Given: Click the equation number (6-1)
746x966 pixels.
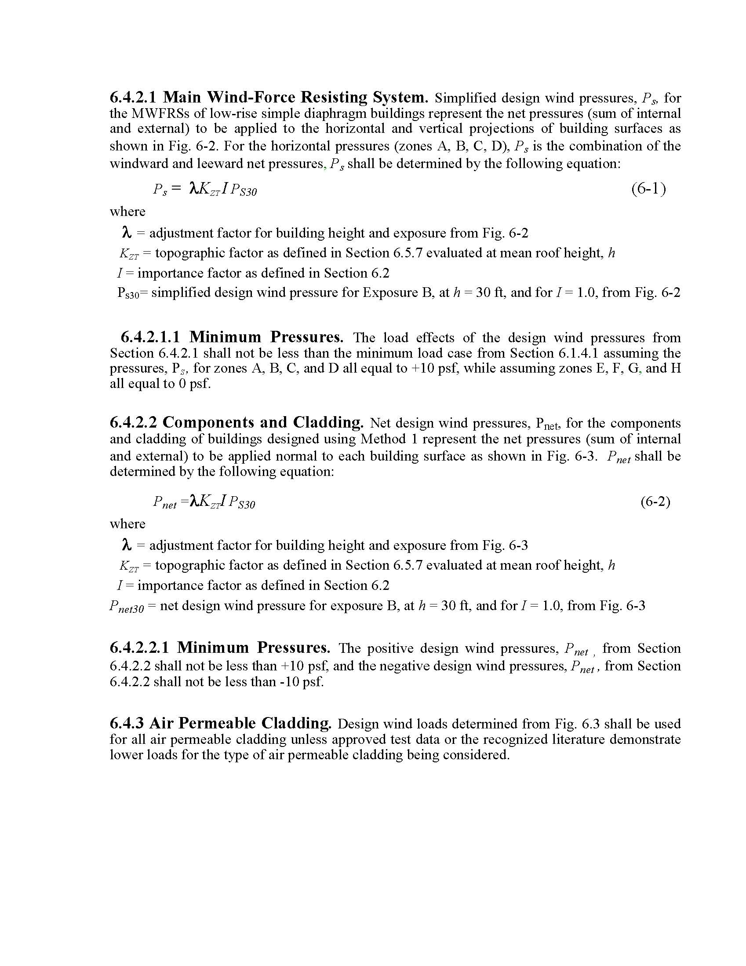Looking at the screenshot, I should point(648,189).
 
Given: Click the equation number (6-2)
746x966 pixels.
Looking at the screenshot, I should point(655,501).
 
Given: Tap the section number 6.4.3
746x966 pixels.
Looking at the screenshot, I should point(127,723).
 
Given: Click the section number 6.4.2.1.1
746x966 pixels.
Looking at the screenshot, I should point(150,337).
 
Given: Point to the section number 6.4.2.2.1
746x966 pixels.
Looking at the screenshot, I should point(139,648).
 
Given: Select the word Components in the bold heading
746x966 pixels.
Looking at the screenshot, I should point(208,422).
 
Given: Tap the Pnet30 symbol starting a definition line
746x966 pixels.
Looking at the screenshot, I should point(127,607).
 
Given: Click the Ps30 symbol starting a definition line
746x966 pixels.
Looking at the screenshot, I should point(128,293).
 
